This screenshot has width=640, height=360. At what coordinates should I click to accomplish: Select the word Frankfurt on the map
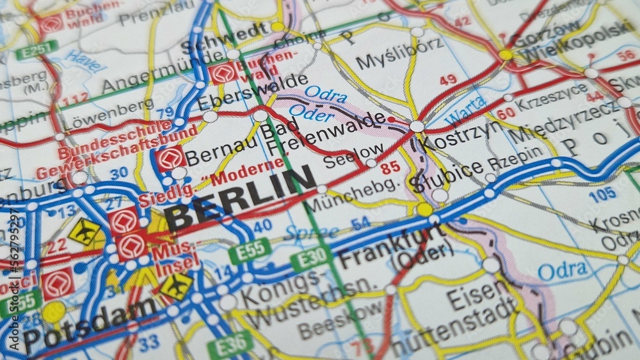pos(392,247)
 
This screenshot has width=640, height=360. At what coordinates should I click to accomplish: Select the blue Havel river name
pos(84,61)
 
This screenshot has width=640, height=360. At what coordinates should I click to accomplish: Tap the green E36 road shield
pos(229,344)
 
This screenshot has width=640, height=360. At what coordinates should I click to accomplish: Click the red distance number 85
pos(390,168)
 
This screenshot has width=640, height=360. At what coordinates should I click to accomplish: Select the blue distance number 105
pos(602,193)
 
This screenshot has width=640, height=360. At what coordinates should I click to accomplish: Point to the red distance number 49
pos(448,80)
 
